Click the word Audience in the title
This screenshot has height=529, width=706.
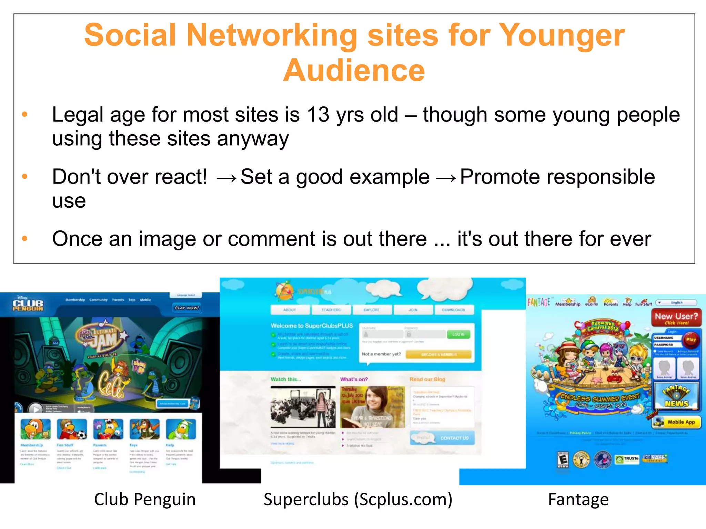click(354, 71)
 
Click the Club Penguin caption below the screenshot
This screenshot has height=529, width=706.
click(145, 499)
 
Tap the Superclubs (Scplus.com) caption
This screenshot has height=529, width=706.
click(358, 499)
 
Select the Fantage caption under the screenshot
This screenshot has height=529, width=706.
click(578, 499)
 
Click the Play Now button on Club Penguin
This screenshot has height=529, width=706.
click(186, 308)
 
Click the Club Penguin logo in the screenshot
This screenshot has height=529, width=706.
click(28, 303)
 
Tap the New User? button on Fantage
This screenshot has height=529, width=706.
click(676, 318)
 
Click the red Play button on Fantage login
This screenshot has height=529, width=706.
click(691, 340)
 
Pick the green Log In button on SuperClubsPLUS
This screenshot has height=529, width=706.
click(458, 334)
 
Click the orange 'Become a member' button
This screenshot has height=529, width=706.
click(438, 354)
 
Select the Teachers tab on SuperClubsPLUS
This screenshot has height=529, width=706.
click(331, 310)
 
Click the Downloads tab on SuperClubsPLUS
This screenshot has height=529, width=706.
click(453, 310)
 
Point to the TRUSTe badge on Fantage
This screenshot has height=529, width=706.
click(627, 458)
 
